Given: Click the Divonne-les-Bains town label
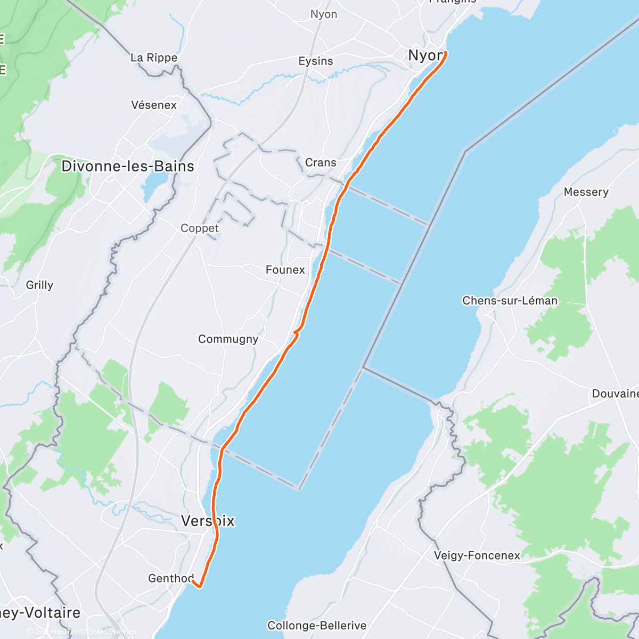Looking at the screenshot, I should (128, 166).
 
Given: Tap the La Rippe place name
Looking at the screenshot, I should (154, 58).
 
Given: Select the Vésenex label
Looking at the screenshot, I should (154, 105).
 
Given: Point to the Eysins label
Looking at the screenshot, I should (316, 61).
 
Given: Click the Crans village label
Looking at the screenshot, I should (321, 162).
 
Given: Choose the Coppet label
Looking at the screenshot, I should (200, 228).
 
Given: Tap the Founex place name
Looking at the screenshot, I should (285, 270).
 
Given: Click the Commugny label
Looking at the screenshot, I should (228, 339).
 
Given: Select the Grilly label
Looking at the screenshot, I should (39, 285).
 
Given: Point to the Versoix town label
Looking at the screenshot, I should (208, 521).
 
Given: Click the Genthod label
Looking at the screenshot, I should (170, 578).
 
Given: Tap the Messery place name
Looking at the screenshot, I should (586, 192).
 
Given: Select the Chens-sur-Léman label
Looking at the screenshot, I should (510, 300).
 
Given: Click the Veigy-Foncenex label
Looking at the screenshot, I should (477, 555).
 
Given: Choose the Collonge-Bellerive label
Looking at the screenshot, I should (317, 626).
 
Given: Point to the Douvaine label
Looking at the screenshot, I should (615, 394).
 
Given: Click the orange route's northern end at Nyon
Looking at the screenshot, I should (445, 52).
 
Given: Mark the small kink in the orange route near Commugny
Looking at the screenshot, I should (296, 333).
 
